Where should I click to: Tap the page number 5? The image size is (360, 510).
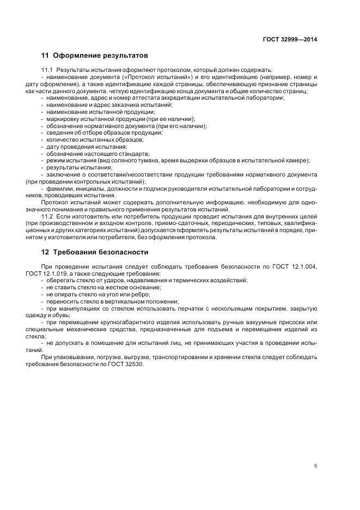[x=316, y=466]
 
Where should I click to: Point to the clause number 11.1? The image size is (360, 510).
[x=47, y=71]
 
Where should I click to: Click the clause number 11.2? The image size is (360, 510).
[x=47, y=216]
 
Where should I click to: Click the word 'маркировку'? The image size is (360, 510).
[x=62, y=118]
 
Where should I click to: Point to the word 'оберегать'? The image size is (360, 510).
[x=60, y=280]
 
